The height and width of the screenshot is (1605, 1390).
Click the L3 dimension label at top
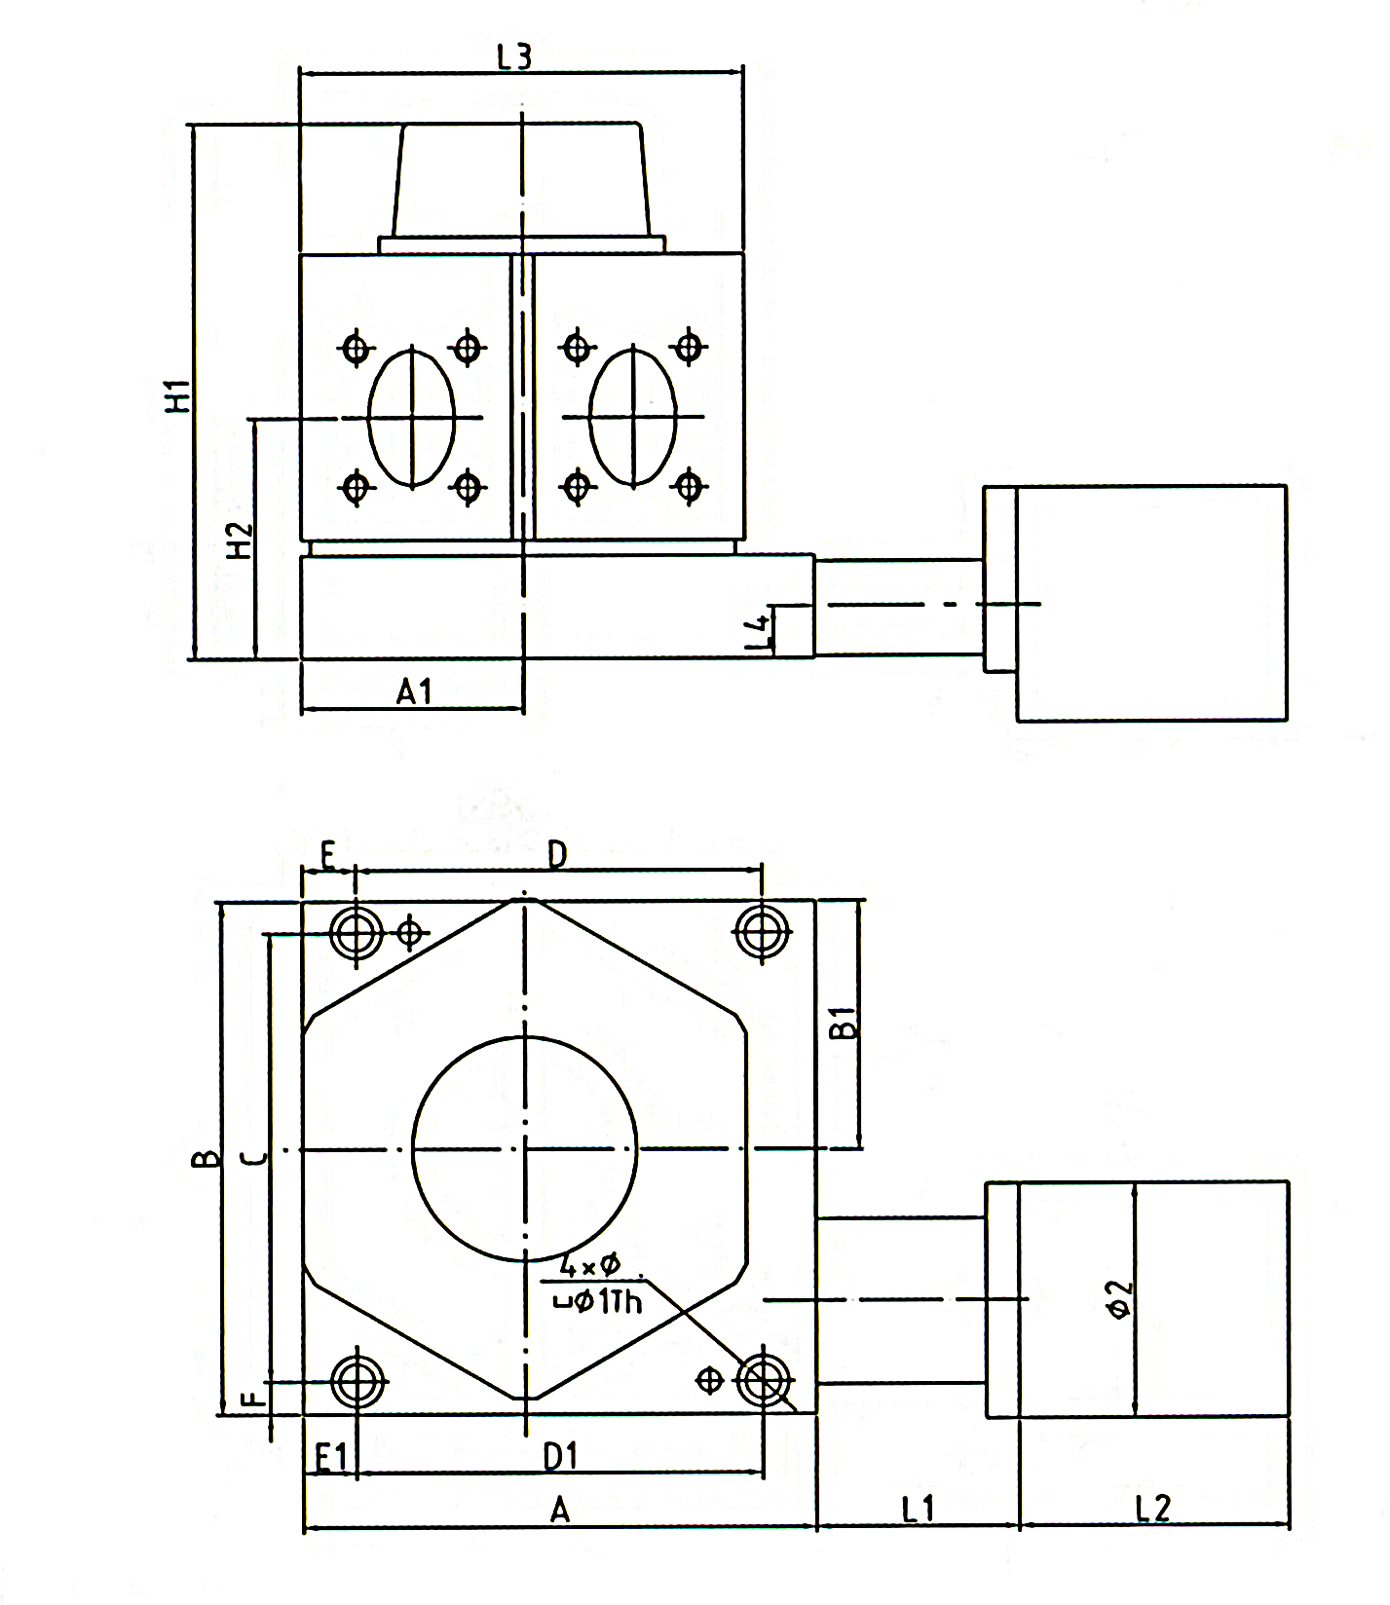tap(514, 56)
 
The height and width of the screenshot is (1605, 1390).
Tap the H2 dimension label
tap(240, 541)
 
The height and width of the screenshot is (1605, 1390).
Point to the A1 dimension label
tap(414, 692)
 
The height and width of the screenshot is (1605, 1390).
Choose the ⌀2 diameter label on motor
tap(1121, 1299)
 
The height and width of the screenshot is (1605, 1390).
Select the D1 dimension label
tap(560, 1457)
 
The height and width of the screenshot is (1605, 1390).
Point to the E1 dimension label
tap(331, 1458)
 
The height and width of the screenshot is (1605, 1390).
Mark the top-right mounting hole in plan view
tap(762, 932)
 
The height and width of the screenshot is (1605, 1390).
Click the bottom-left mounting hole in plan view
tap(357, 1381)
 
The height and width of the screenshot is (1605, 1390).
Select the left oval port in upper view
tap(412, 417)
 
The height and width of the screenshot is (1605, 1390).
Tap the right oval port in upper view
tap(633, 417)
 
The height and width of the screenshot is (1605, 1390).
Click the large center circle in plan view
tap(525, 1149)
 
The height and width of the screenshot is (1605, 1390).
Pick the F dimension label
tap(252, 1400)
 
